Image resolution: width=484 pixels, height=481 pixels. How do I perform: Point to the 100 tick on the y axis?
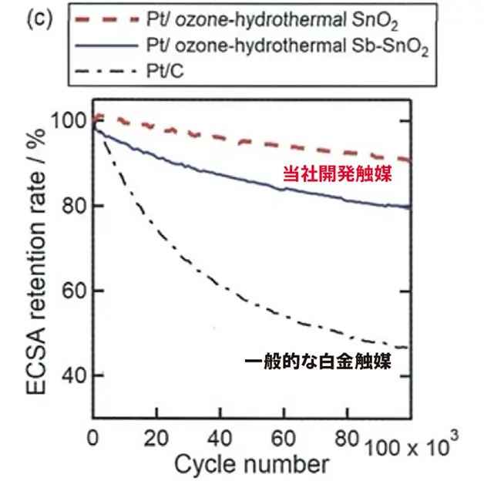[x=71, y=121]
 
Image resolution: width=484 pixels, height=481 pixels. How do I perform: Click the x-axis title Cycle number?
[x=251, y=464]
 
